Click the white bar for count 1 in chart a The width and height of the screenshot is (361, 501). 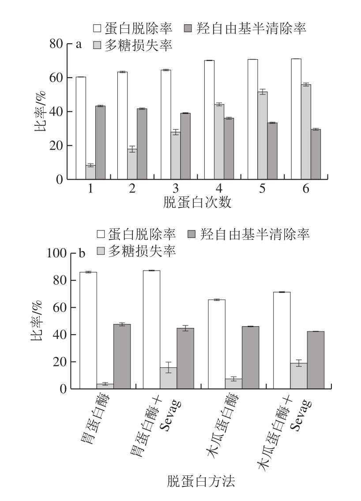[81, 128]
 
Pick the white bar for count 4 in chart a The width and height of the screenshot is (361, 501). [209, 120]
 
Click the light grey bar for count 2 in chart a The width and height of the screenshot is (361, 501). [132, 164]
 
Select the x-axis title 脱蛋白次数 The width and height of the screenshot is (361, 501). [198, 203]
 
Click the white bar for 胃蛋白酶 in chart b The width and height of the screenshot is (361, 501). [88, 330]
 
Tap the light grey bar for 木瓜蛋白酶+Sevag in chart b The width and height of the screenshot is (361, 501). [299, 376]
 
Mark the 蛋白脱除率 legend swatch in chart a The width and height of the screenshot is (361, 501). [97, 29]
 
